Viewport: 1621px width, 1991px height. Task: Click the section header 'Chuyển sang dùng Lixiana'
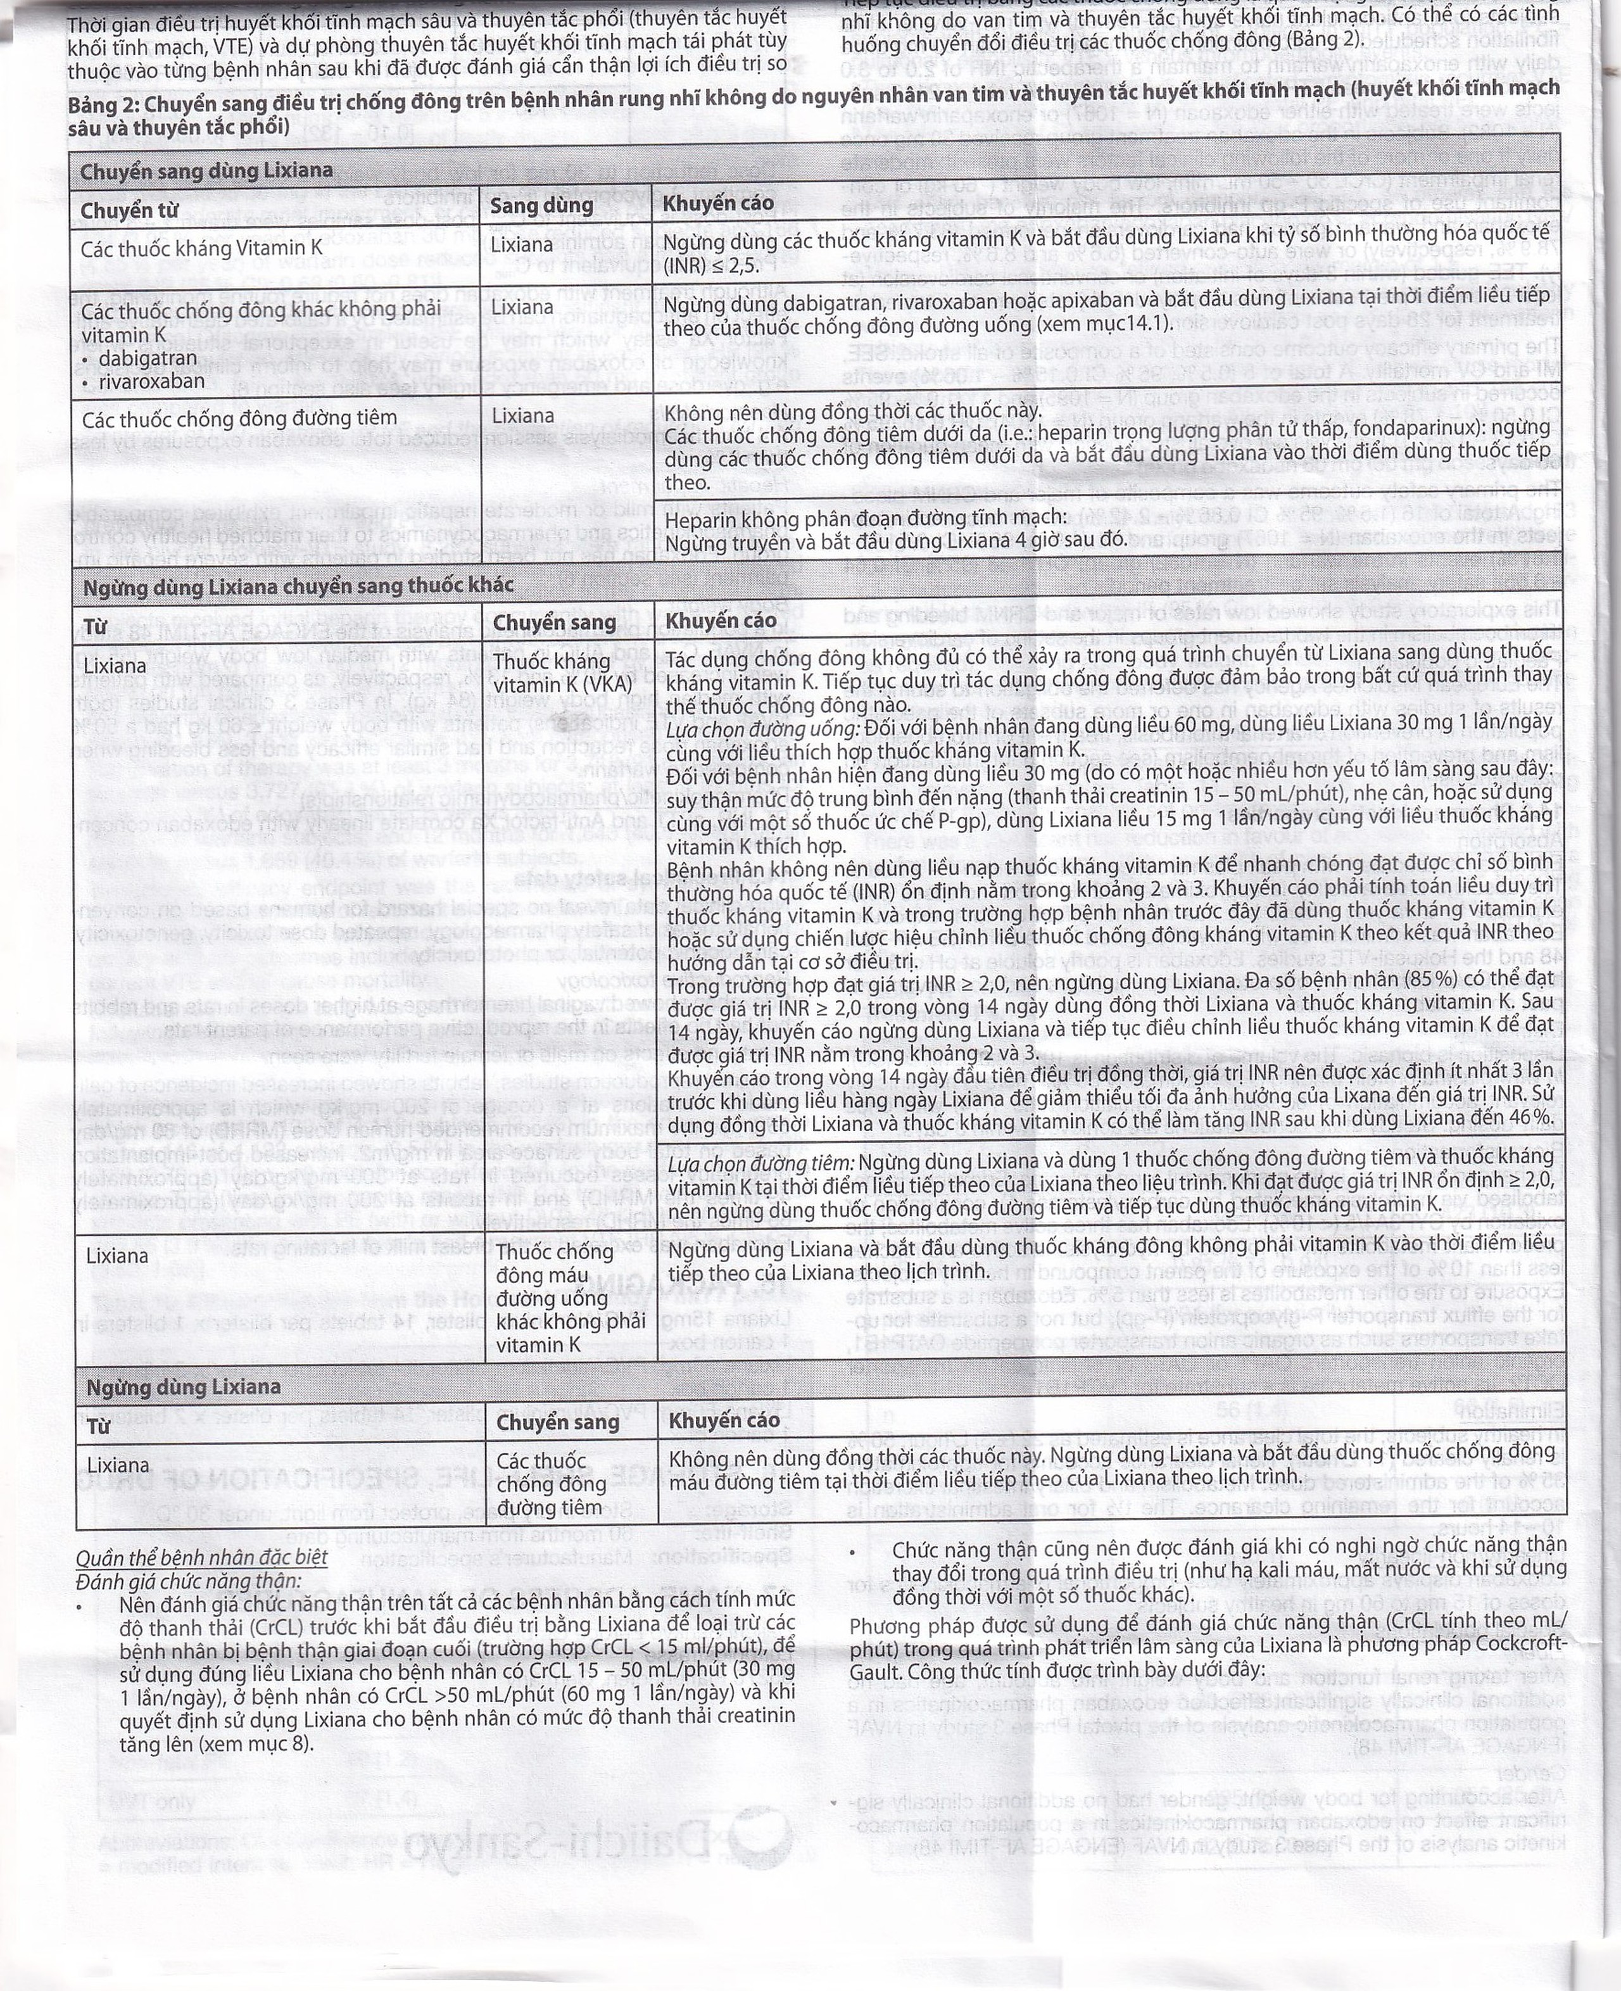coord(206,172)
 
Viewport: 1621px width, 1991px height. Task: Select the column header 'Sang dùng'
coord(541,205)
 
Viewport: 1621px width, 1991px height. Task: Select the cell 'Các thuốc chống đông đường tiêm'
coord(239,417)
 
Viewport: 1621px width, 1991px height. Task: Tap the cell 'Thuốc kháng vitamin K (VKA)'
coord(552,673)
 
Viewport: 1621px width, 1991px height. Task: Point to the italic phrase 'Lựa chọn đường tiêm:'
coord(761,1161)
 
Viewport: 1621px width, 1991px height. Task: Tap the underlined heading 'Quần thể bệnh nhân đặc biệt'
coord(202,1558)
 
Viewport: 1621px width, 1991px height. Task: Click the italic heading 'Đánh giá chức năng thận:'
coord(189,1581)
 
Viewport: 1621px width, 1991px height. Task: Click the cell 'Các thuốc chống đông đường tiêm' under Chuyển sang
coord(551,1484)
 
